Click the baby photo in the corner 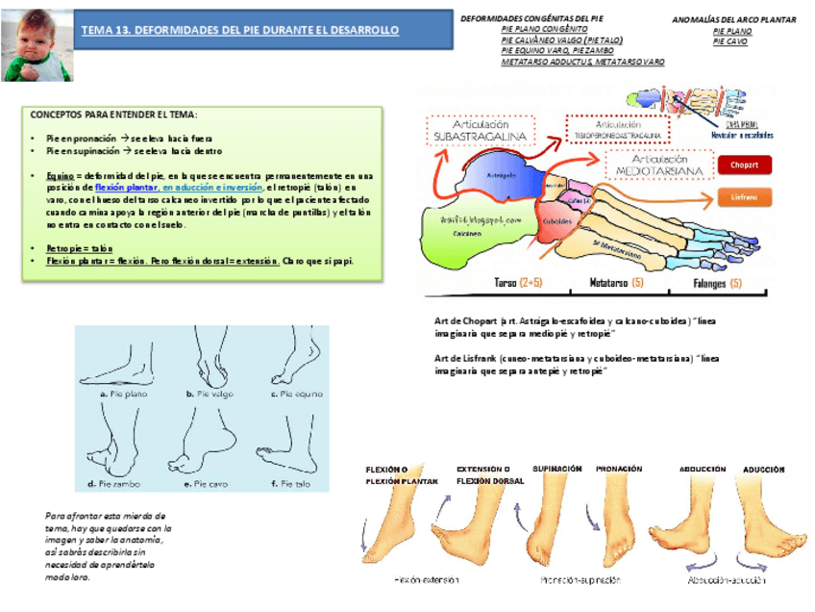37,43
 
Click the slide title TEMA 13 239,31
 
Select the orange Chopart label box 744,165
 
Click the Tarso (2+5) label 517,284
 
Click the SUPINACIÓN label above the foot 556,469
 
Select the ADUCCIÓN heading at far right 763,470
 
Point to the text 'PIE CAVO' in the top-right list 729,42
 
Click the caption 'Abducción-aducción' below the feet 727,580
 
